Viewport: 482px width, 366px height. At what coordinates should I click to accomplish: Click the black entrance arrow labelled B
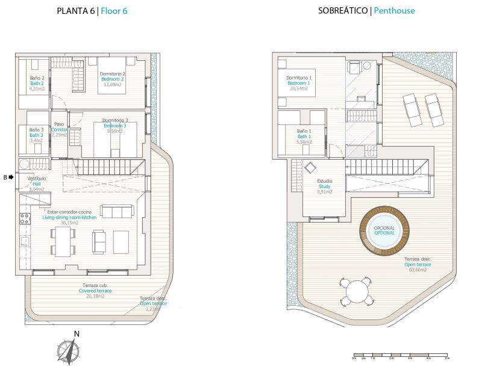[x=11, y=177]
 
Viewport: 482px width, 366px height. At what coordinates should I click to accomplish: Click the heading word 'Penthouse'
[x=394, y=11]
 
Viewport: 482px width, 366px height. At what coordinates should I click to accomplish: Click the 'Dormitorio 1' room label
[x=299, y=78]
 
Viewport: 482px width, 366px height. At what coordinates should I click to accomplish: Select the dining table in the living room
[x=63, y=241]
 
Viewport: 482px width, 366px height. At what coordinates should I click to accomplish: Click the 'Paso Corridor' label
[x=59, y=127]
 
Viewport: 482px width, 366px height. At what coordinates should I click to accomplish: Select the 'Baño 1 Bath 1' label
[x=303, y=134]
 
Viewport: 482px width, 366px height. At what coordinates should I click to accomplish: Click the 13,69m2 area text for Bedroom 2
[x=113, y=85]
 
